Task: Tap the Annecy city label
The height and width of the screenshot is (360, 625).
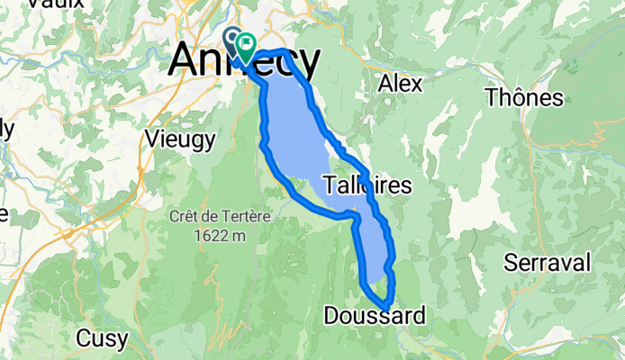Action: [243, 62]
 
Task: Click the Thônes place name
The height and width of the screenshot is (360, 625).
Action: [524, 97]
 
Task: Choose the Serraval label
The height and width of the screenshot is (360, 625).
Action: [548, 263]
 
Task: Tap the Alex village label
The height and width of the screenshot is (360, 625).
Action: [401, 83]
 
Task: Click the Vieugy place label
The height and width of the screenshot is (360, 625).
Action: [180, 139]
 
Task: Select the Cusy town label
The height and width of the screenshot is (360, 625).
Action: [102, 338]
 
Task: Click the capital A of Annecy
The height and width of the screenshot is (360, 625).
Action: [184, 60]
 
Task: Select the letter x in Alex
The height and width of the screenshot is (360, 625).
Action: [416, 83]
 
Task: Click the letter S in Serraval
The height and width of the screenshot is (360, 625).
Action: [511, 263]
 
